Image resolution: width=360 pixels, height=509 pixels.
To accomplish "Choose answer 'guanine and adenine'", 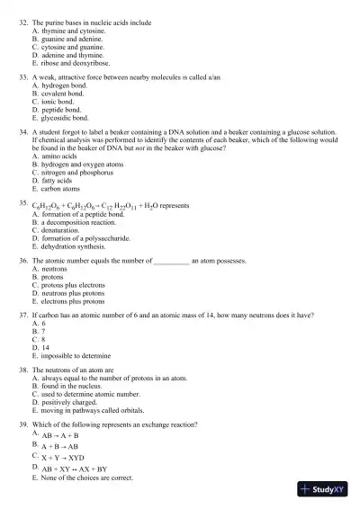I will click(72, 40).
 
